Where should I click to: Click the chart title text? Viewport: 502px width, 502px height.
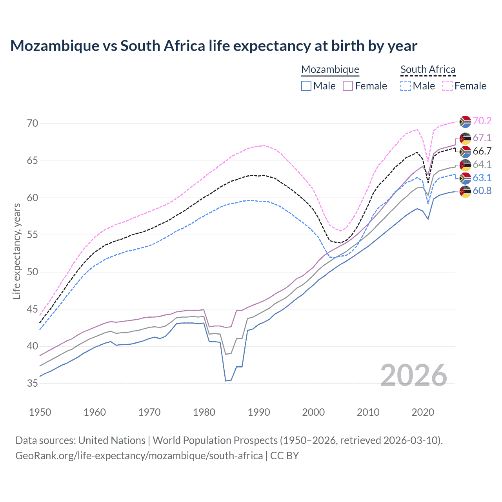click(214, 46)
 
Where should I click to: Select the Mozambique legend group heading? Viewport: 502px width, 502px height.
click(330, 69)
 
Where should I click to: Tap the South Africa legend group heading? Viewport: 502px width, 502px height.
click(428, 69)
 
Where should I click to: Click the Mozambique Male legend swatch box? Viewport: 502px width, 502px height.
click(306, 86)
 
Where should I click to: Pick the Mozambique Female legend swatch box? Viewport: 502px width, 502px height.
click(348, 86)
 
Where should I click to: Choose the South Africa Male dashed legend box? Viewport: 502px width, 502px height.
click(406, 86)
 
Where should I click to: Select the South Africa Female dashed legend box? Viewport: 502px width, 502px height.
click(447, 86)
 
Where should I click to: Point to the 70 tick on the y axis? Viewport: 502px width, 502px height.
click(33, 123)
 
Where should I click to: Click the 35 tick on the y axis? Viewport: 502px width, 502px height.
click(33, 383)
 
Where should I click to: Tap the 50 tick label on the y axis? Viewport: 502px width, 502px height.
click(33, 272)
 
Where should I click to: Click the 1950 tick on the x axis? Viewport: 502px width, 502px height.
click(40, 412)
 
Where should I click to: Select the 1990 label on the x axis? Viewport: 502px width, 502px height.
click(259, 412)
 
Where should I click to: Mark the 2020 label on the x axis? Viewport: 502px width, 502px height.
click(423, 412)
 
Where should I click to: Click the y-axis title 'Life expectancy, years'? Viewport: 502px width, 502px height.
click(16, 251)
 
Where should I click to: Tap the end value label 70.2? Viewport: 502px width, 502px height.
click(482, 121)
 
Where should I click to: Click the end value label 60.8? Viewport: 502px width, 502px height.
click(482, 191)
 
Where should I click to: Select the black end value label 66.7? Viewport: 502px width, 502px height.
click(482, 151)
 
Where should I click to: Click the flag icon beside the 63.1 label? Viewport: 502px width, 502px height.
click(465, 178)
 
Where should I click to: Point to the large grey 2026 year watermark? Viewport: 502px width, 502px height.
click(414, 375)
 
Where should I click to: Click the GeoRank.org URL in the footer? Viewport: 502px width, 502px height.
click(139, 456)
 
